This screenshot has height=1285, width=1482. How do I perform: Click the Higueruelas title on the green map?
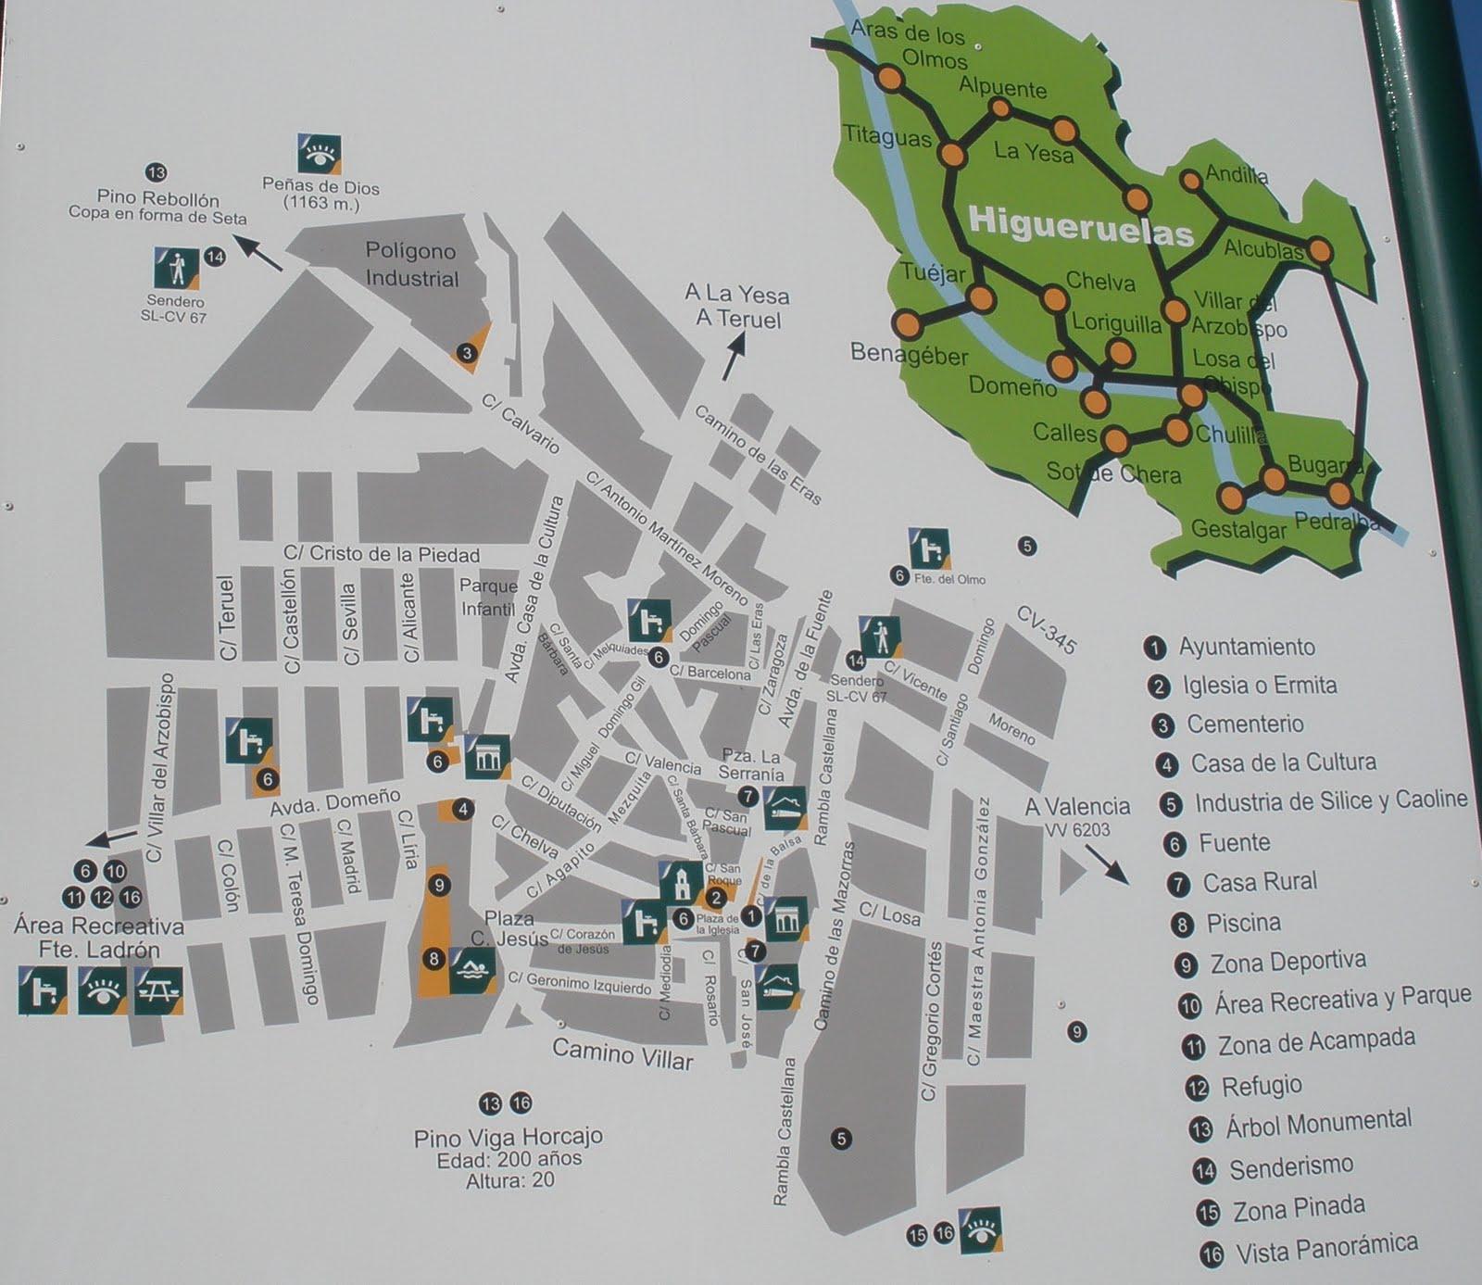pos(1080,224)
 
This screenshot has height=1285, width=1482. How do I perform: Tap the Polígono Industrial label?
pos(411,265)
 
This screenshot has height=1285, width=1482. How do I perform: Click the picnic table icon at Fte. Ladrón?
pos(158,990)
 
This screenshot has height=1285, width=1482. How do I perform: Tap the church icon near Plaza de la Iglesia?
pos(681,883)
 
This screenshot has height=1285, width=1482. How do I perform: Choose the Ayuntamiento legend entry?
pos(1245,647)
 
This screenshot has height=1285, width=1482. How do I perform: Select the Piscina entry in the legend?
pos(1242,923)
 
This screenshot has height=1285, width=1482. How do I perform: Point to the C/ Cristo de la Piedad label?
pos(382,554)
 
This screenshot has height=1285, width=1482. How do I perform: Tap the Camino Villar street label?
pos(622,1053)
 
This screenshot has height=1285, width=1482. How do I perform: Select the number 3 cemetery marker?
pos(467,352)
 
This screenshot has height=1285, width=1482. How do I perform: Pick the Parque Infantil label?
pos(488,598)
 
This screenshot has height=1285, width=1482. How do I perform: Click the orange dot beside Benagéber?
pos(909,324)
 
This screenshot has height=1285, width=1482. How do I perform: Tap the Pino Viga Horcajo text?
pos(509,1137)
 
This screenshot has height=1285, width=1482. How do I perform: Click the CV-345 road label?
pos(1047,630)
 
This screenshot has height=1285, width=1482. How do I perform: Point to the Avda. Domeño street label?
pos(334,802)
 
